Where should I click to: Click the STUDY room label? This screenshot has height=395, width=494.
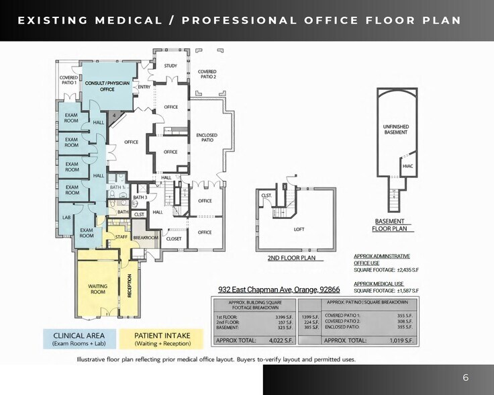click(170, 66)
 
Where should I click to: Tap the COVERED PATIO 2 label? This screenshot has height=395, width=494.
click(207, 74)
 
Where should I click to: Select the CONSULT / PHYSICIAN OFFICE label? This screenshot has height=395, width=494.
click(107, 85)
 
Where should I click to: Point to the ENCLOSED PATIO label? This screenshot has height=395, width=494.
click(207, 138)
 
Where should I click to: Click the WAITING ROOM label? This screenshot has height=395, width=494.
click(98, 289)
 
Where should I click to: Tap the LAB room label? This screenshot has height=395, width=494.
click(66, 217)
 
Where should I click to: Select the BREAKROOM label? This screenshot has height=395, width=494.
click(145, 238)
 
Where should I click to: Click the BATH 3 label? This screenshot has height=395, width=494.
click(140, 197)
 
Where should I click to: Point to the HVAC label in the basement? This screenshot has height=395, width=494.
click(407, 166)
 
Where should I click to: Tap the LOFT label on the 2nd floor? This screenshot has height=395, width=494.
click(299, 229)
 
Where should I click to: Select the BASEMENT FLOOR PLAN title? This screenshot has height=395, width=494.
click(390, 225)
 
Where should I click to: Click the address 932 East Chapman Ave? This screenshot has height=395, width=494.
click(279, 290)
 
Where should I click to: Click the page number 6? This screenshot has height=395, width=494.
click(466, 378)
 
